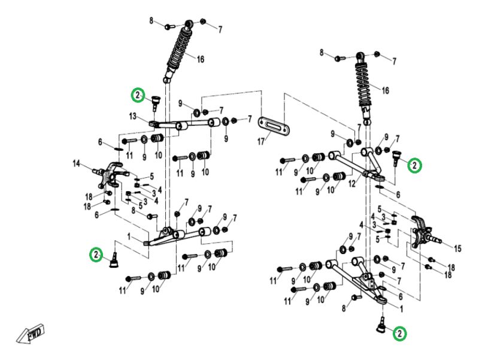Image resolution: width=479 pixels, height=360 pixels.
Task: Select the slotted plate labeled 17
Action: pos(274,126)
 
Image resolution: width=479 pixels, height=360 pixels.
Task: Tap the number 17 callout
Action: pos(261,142)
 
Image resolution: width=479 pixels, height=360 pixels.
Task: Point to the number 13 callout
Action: pos(132,116)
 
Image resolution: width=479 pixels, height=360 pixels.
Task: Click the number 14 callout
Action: pos(77,164)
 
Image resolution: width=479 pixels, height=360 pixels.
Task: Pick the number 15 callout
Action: pos(457,249)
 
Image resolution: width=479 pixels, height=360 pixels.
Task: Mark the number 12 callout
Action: pos(352,184)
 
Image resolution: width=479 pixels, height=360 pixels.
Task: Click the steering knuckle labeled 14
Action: pos(111,176)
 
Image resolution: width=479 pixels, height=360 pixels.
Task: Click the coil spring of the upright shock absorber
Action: pos(364,85)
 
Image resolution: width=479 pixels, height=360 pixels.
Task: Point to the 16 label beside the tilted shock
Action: pos(201,59)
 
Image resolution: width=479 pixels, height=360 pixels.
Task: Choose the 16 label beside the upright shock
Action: pos(386,90)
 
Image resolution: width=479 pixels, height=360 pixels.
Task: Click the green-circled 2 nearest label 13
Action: pos(138,95)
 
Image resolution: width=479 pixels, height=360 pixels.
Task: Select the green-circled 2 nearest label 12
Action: pos(414,166)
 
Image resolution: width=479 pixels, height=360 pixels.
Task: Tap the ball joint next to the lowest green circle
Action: pos(381,325)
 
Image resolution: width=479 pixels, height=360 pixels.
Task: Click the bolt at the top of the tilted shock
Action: pos(169,27)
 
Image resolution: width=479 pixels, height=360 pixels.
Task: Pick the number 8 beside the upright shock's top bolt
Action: pos(322,53)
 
